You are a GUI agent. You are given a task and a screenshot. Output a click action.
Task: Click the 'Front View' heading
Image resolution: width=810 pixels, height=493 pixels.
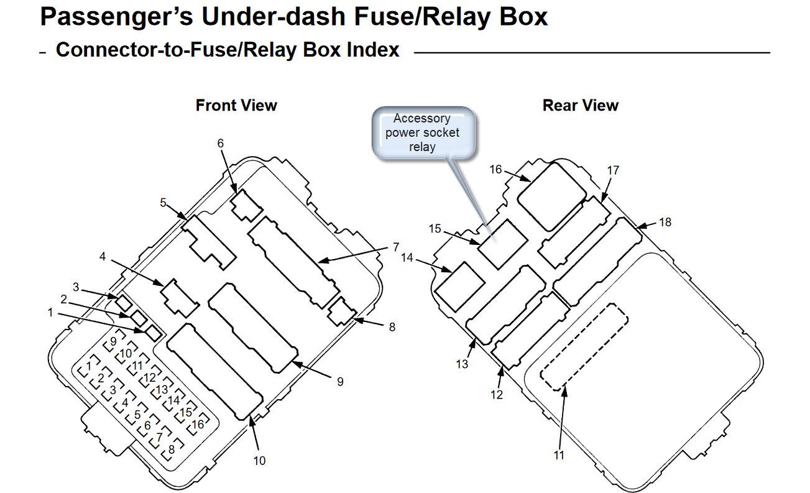236,105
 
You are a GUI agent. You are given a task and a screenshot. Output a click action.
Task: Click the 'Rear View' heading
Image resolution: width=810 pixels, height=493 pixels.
580,105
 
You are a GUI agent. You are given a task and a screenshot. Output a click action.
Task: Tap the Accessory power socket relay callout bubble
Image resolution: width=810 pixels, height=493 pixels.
423,132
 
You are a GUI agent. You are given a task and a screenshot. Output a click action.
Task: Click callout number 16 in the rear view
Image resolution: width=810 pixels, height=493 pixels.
495,169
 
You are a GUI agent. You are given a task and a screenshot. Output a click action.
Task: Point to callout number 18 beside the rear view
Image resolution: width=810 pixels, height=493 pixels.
665,222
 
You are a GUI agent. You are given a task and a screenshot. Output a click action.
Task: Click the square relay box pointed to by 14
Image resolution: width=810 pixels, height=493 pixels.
459,287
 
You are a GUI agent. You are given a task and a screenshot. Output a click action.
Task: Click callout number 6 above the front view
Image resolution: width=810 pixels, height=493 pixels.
220,143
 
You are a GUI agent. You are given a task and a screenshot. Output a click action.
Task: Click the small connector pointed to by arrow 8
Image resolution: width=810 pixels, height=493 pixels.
341,310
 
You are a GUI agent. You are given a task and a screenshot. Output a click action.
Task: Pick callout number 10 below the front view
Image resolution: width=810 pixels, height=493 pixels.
259,461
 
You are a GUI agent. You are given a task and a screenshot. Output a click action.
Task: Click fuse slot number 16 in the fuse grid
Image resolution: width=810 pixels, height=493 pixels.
198,425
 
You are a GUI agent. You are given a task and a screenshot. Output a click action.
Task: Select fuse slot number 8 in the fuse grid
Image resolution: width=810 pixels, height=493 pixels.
171,448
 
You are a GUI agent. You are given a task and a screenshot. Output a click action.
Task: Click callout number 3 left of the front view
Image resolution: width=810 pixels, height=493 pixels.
76,287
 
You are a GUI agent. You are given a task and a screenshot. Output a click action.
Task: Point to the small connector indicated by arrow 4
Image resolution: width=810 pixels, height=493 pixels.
179,297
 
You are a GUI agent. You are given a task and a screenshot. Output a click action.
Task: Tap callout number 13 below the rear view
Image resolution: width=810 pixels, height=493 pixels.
461,364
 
